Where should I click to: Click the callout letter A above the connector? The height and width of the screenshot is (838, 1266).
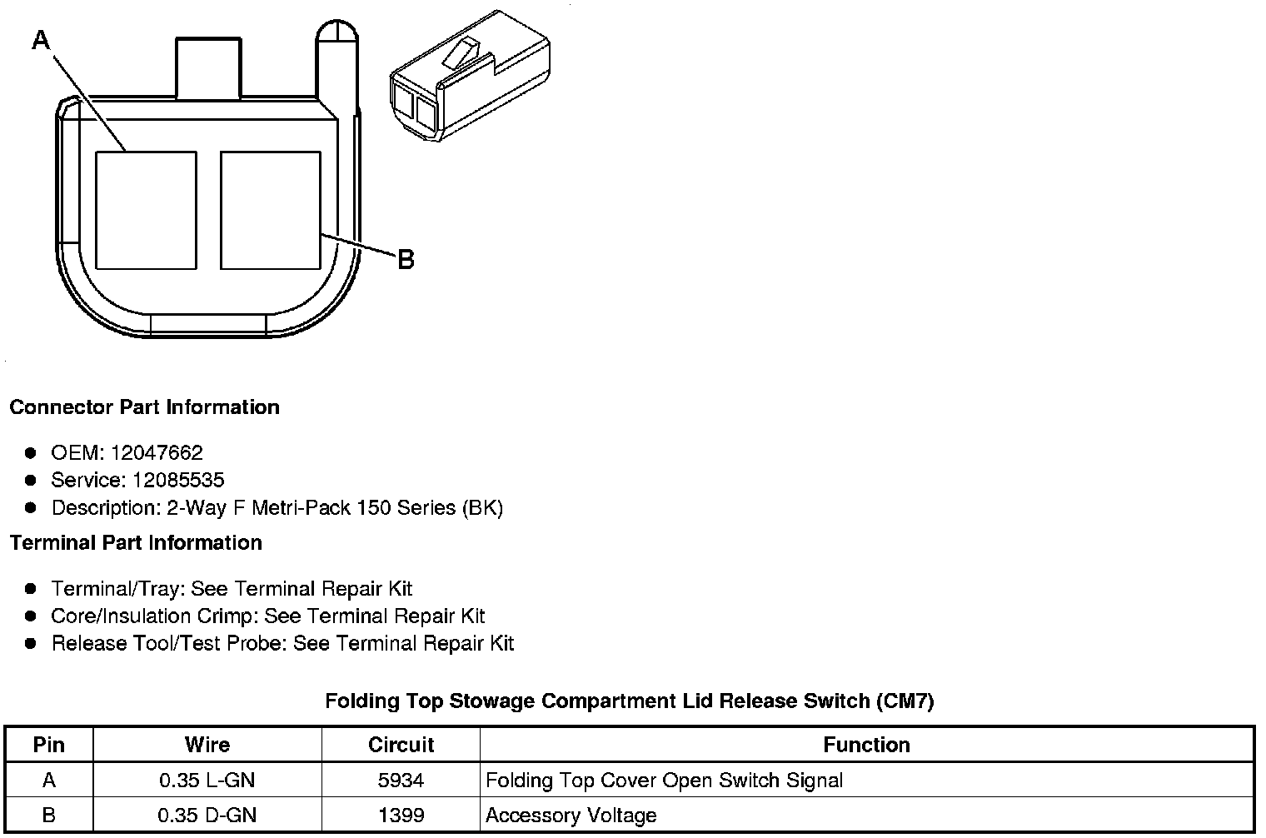pos(41,39)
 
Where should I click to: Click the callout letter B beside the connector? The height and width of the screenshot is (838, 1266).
pos(406,260)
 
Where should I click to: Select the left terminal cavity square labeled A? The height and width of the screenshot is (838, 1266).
pos(147,211)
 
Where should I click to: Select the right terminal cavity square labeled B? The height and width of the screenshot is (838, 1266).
pos(271,211)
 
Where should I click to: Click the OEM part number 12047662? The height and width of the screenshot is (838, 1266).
pos(156,452)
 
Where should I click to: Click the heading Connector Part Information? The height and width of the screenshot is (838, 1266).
pos(144,407)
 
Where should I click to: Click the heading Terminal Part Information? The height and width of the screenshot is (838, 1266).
pos(136,543)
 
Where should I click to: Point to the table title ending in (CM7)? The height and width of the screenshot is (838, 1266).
pos(629,701)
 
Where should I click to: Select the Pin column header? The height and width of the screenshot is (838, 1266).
pos(48,744)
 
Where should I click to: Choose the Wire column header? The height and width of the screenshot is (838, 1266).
pos(207,744)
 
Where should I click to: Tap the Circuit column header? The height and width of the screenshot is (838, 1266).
pos(401,744)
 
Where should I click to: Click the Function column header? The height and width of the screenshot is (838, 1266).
pos(866,744)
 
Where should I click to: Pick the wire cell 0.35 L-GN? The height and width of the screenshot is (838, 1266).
pos(207,781)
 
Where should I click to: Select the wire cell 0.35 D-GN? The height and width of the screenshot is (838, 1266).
pos(207,815)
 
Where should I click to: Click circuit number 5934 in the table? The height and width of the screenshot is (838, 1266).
pos(401,781)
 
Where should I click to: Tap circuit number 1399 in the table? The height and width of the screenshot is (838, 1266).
pos(401,815)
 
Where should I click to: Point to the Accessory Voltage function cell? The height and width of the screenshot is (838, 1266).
pos(571,815)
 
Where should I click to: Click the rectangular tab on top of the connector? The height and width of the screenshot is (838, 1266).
pos(208,68)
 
